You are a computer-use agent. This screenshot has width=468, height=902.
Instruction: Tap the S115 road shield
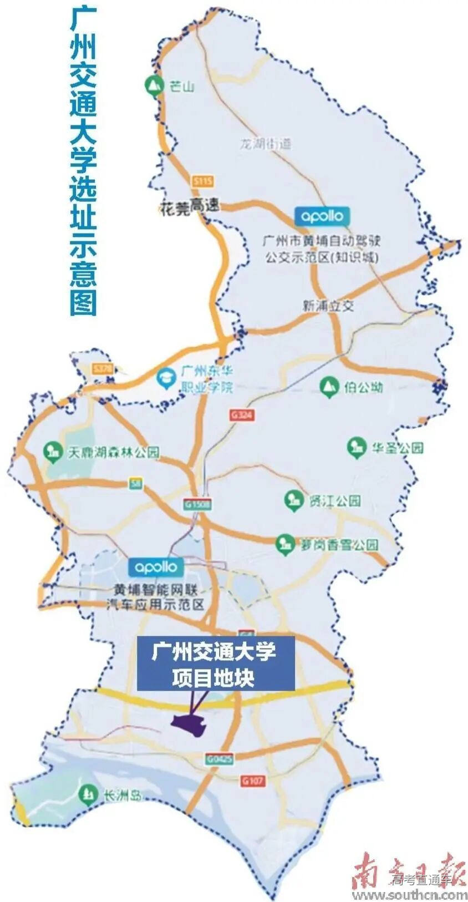click(204, 181)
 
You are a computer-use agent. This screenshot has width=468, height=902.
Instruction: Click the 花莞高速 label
click(189, 207)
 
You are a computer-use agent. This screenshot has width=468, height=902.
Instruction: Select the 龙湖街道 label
click(264, 144)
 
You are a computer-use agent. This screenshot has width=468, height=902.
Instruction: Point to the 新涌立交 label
click(328, 306)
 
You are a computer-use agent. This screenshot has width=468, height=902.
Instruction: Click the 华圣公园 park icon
click(355, 447)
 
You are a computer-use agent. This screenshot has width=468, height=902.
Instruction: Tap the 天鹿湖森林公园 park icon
click(52, 452)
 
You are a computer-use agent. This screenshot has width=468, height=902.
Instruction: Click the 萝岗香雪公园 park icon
click(285, 544)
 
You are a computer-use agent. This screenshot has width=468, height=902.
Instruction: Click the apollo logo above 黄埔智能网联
click(156, 567)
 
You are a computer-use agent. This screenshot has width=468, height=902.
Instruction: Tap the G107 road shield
click(253, 781)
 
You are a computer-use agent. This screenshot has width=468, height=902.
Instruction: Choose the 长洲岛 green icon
click(87, 794)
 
